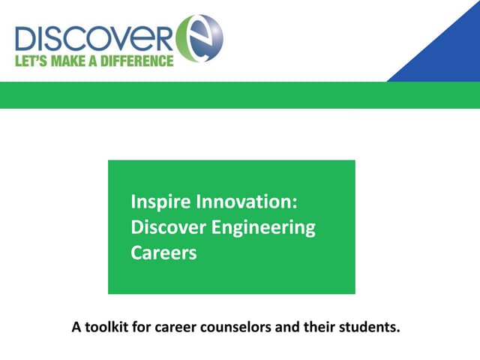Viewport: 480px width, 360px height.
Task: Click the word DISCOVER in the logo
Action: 94,37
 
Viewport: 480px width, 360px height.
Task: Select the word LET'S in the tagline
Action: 30,61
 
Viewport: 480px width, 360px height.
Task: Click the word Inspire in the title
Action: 160,202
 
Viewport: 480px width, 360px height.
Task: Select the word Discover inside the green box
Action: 165,227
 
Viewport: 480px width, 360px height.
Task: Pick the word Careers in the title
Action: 163,253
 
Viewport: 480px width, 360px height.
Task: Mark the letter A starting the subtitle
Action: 76,328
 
